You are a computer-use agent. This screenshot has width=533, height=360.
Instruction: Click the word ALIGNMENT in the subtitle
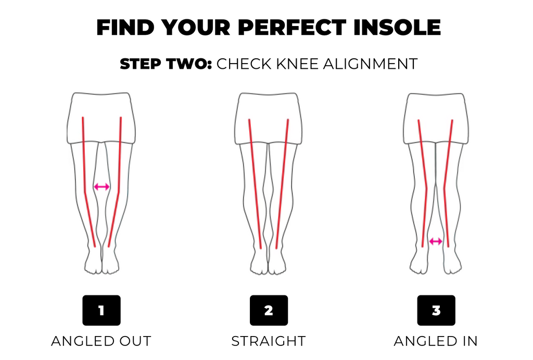(371, 64)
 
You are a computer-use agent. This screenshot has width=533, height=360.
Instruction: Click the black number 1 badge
(101, 311)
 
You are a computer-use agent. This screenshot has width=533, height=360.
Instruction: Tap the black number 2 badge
(269, 311)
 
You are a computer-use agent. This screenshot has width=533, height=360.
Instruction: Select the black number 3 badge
(436, 311)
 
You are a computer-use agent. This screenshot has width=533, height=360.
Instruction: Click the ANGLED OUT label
(101, 341)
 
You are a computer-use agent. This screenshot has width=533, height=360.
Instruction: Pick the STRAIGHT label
(269, 341)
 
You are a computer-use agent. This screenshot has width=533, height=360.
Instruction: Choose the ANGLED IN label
(436, 341)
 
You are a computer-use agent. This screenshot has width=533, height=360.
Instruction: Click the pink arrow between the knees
(101, 187)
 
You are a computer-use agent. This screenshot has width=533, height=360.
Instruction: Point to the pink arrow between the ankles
(436, 241)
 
